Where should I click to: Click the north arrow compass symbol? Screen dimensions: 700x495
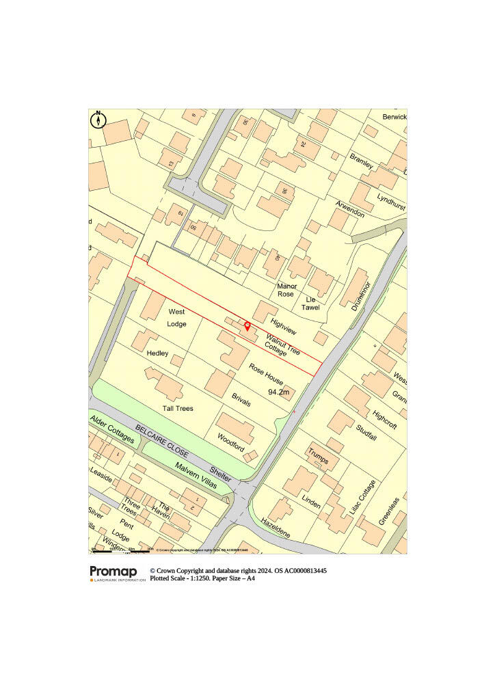coord(98,120)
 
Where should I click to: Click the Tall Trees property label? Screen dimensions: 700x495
coord(178,408)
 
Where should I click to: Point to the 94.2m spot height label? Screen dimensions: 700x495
coord(279,392)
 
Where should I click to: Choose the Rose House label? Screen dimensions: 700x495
coord(266,374)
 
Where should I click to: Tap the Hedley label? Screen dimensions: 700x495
coord(157,353)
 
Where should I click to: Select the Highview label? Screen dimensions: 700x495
coord(283,327)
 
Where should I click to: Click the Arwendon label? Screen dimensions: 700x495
coord(350,208)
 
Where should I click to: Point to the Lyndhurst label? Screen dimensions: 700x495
coord(391,200)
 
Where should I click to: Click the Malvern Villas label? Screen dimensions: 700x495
coord(195,474)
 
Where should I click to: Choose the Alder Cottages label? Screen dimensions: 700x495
coord(112,429)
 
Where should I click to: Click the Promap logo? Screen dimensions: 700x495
coord(113,572)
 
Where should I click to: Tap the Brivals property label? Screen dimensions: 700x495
coord(241,399)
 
